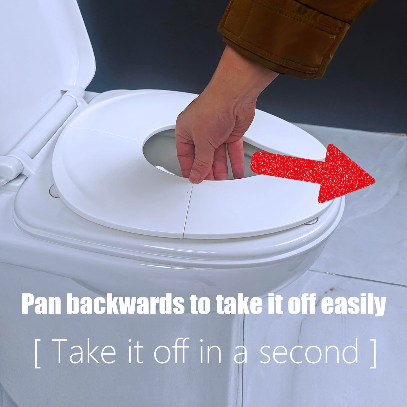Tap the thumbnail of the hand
[x=195, y=176]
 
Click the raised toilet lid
[x=42, y=53]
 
